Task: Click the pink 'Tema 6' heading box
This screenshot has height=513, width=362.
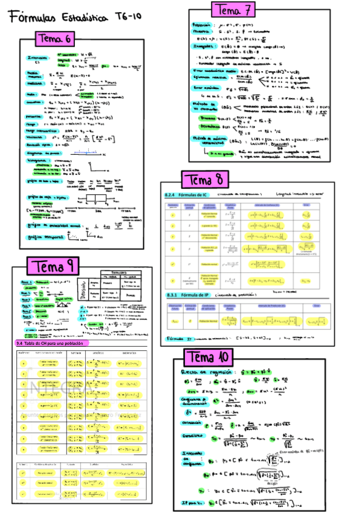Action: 56,39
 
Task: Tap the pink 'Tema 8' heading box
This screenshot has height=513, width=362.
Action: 205,180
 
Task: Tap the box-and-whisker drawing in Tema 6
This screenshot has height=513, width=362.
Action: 94,201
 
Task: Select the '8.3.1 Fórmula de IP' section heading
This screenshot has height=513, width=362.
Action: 186,295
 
